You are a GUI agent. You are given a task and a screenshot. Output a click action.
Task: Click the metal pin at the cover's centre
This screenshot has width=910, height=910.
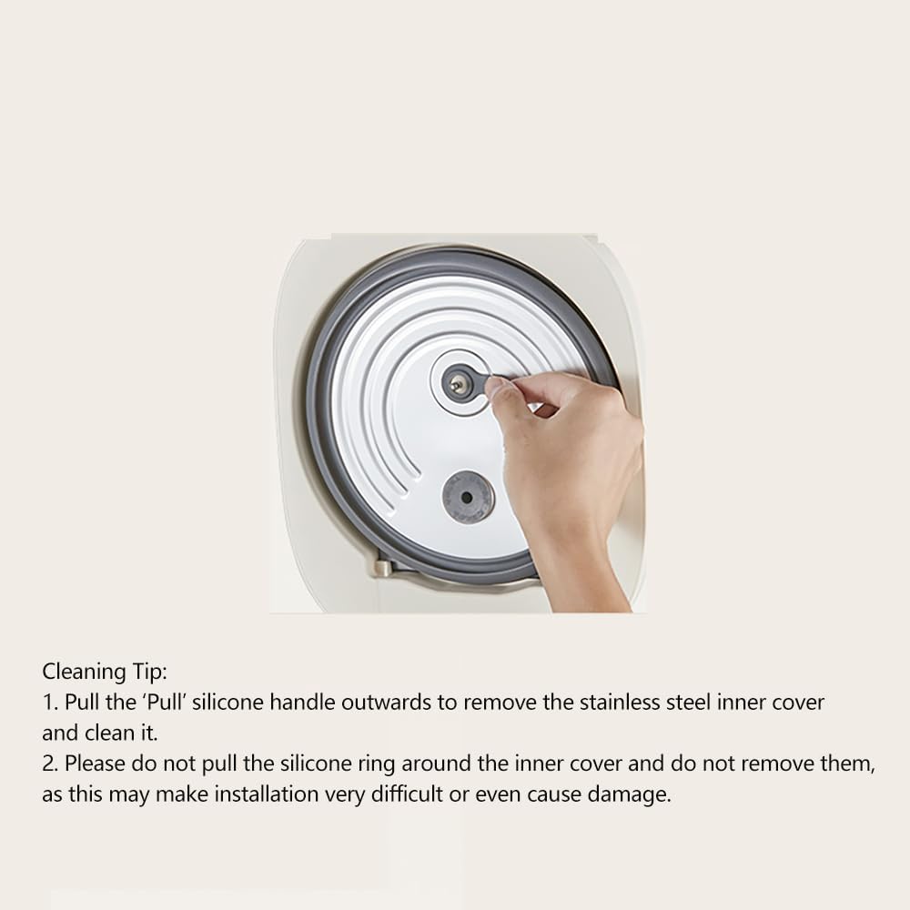point(459,385)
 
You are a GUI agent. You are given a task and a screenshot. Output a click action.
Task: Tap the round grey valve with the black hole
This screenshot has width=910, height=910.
point(468,497)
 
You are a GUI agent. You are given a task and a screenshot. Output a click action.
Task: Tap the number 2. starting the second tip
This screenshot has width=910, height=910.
point(50,763)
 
